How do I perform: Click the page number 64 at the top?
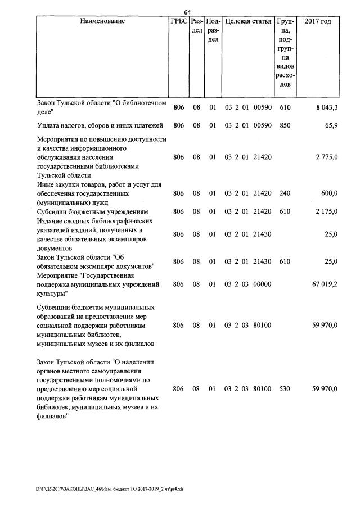click(188, 12)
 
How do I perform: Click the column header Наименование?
click(102, 21)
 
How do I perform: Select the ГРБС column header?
click(178, 21)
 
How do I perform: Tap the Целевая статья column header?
click(247, 21)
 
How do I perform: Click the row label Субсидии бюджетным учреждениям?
click(92, 211)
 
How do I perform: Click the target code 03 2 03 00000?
click(248, 284)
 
